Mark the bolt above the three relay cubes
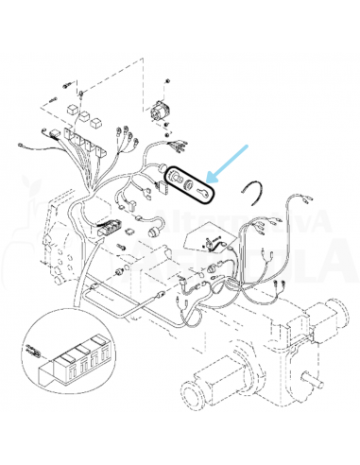click(x=81, y=91)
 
